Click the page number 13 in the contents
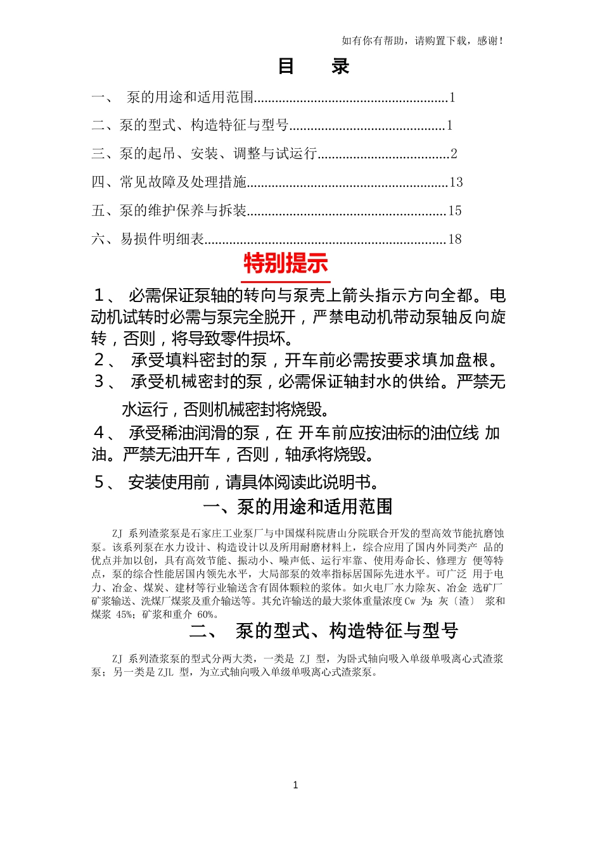click(x=456, y=182)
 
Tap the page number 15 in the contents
click(x=455, y=211)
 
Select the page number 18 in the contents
click(x=455, y=239)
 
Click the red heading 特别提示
click(x=286, y=263)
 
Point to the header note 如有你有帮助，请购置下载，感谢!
click(x=423, y=41)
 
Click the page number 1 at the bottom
click(x=295, y=785)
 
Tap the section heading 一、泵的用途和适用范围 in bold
click(x=298, y=507)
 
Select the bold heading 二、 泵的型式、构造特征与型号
click(x=323, y=631)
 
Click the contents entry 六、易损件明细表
click(x=148, y=239)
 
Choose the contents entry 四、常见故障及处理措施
click(x=169, y=182)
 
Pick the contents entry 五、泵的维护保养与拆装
click(x=169, y=211)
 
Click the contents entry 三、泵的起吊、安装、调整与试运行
click(x=205, y=154)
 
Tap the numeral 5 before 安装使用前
click(x=99, y=482)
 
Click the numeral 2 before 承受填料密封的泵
click(x=99, y=360)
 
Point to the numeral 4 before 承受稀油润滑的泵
click(x=99, y=433)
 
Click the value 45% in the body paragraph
click(x=125, y=615)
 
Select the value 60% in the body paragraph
click(x=207, y=615)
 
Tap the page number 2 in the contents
click(x=454, y=154)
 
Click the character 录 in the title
click(x=340, y=66)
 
